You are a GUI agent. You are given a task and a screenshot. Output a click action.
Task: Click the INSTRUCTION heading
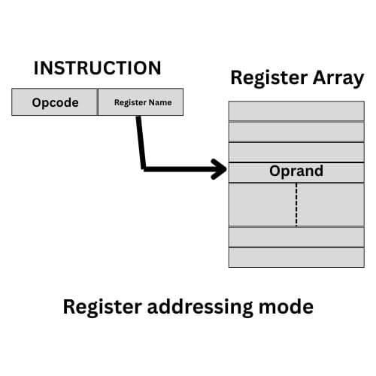click(97, 68)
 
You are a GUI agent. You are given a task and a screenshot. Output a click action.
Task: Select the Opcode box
click(55, 103)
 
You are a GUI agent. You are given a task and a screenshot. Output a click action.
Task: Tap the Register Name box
click(141, 103)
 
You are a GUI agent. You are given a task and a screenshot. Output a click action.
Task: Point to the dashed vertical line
click(296, 204)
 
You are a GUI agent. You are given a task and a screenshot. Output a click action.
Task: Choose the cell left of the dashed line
click(262, 204)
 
